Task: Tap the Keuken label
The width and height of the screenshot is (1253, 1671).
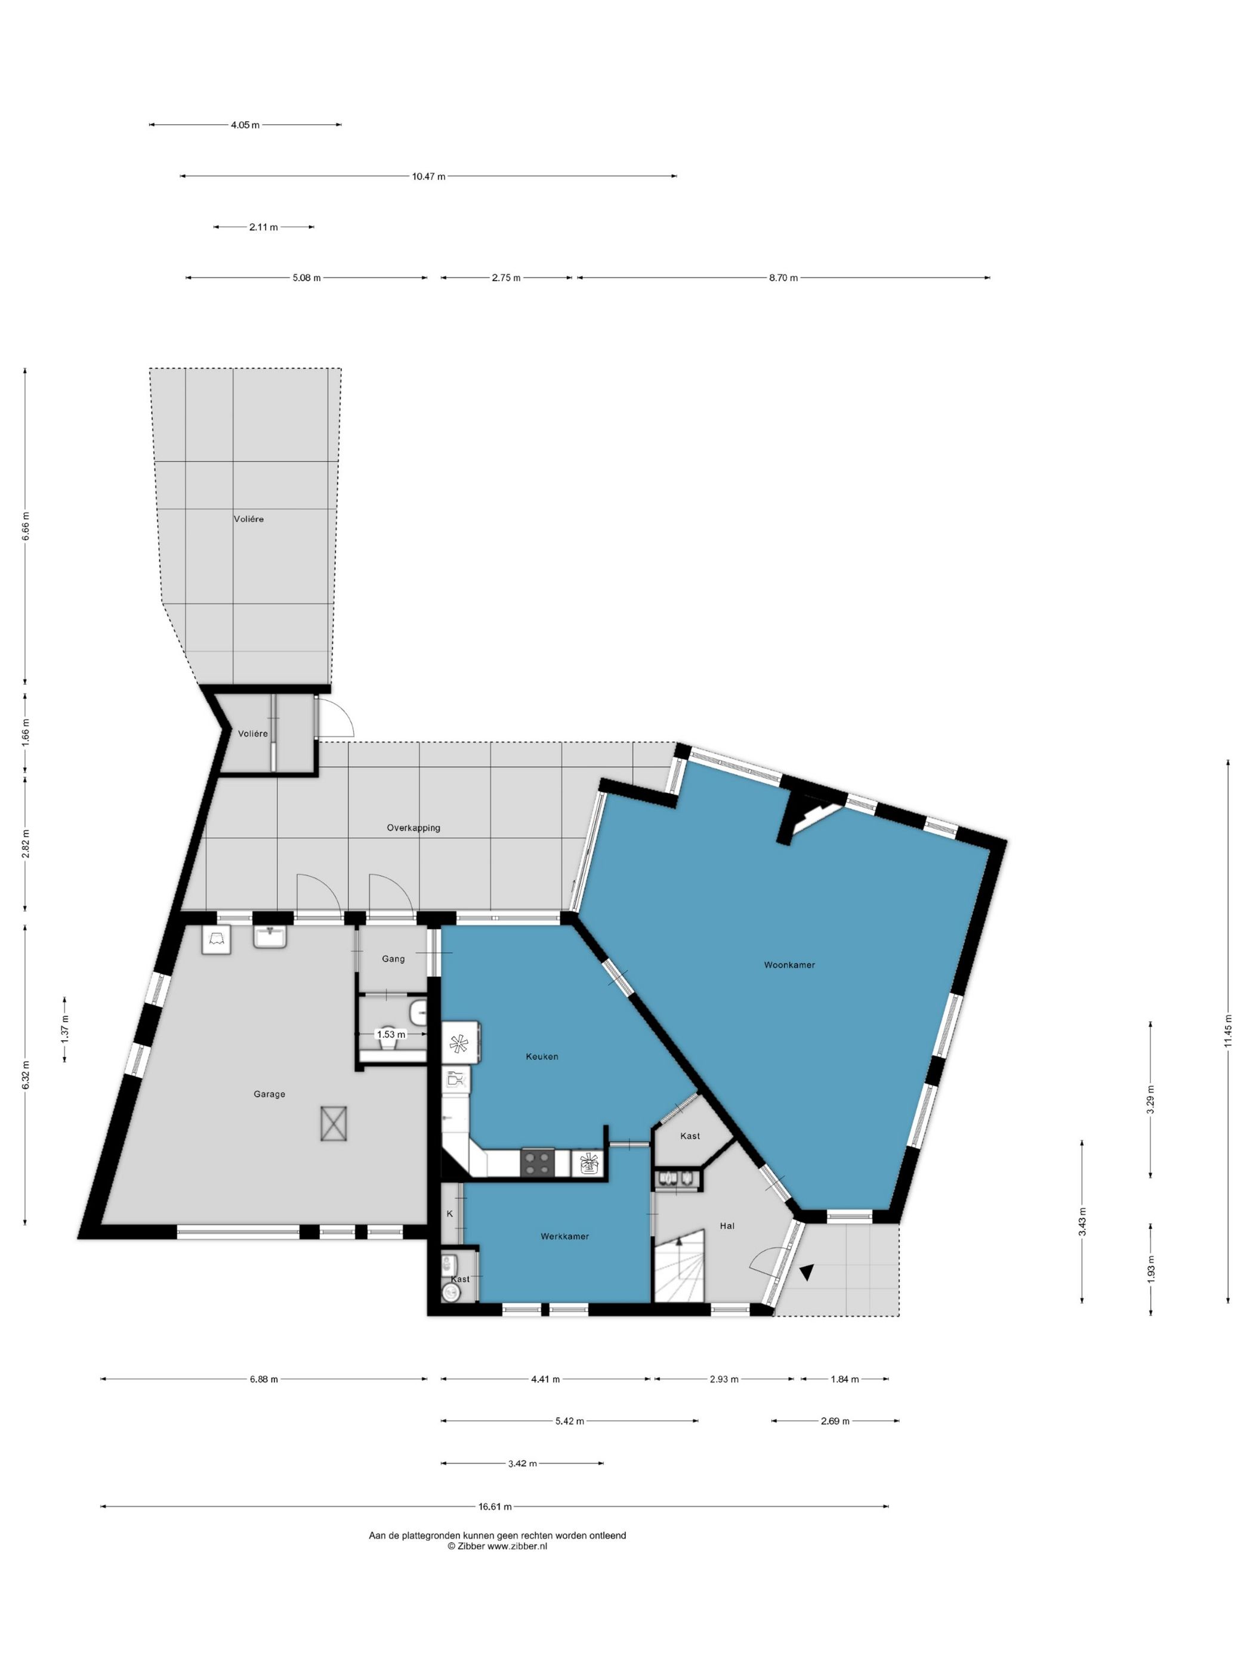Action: click(542, 1056)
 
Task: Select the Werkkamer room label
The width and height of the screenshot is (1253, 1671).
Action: click(564, 1236)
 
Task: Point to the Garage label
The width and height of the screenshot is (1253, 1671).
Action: click(270, 1094)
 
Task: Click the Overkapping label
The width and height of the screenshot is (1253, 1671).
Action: click(413, 828)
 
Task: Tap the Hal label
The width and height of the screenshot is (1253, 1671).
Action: click(727, 1225)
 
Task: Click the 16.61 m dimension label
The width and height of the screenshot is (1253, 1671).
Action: click(495, 1506)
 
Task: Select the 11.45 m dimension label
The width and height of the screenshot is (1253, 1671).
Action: click(1228, 1031)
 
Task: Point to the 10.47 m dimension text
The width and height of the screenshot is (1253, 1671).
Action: click(428, 177)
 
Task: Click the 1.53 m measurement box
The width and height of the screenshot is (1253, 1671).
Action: click(390, 1034)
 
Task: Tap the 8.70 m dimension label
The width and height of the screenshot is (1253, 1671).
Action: click(783, 278)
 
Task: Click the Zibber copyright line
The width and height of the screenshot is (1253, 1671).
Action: click(497, 1546)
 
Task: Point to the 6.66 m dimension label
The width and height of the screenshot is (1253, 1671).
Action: click(25, 526)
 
